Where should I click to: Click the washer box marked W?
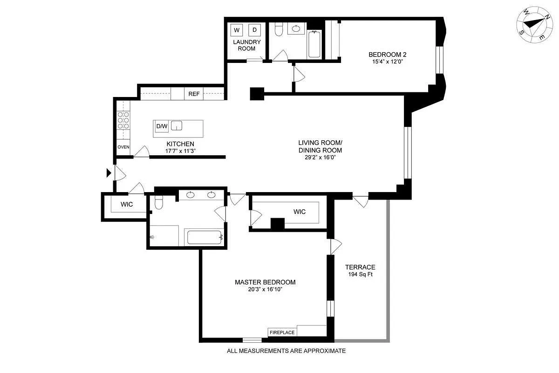pos(237,30)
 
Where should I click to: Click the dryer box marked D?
pos(254,30)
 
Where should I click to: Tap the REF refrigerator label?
pos(194,94)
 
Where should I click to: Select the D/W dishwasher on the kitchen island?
pos(162,126)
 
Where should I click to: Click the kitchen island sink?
pos(177,126)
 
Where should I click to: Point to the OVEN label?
pos(123,147)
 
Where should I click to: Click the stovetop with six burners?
pos(123,120)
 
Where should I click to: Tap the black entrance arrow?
pos(109,173)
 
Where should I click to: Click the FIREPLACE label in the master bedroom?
pos(282,332)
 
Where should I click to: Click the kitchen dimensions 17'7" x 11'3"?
pos(179,151)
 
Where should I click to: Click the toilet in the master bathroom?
pos(158,202)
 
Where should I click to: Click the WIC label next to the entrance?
pos(127,205)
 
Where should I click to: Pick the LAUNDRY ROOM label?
pos(247,45)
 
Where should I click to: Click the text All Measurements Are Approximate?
pos(286,351)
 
